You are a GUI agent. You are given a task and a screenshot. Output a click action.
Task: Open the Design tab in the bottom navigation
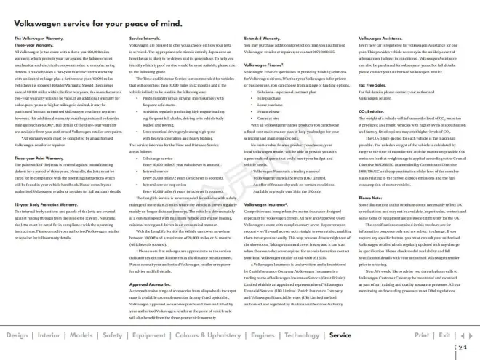click(x=17, y=336)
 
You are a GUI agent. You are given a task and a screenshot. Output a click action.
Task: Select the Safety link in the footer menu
click(x=113, y=336)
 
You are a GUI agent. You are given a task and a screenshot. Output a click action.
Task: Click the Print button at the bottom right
click(x=422, y=336)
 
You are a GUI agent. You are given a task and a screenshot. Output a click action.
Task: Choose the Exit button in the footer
click(x=444, y=336)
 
